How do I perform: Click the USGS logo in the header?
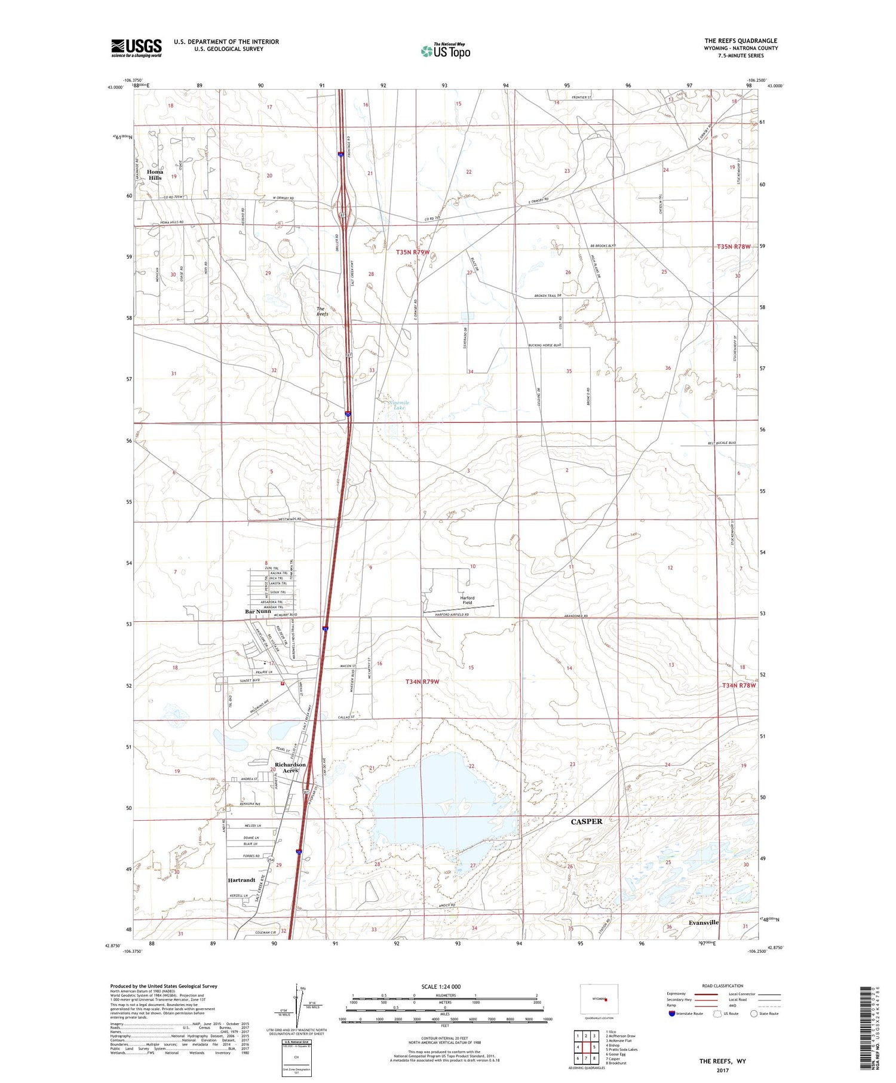(136, 48)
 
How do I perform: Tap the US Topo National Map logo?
(445, 51)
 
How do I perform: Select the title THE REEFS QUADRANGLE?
(741, 41)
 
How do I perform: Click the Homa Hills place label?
(155, 175)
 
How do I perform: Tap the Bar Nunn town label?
(258, 612)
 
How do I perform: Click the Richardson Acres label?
(290, 768)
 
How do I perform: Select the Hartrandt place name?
(242, 880)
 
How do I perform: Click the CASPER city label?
(586, 821)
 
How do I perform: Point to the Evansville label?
(703, 922)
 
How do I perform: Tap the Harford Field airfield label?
(467, 600)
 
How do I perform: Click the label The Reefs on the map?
(322, 311)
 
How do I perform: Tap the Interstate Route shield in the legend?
(672, 1014)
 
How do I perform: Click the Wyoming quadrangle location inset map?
(600, 999)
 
